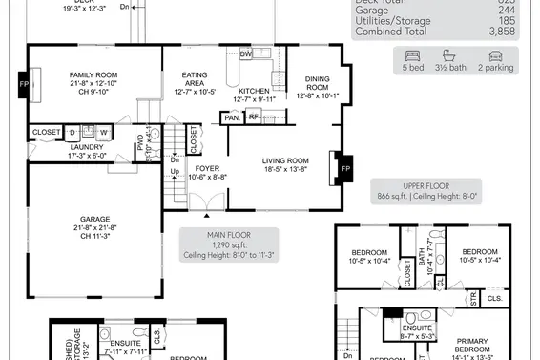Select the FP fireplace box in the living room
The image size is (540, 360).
(344, 168)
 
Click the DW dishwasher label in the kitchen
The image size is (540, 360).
(246, 54)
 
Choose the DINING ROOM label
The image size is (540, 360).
(317, 80)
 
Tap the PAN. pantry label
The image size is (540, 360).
(232, 118)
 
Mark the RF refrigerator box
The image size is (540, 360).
(255, 118)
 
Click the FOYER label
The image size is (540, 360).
(207, 167)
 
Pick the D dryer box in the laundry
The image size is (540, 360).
(72, 132)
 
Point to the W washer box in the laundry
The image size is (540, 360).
(103, 132)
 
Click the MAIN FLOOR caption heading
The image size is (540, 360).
(229, 234)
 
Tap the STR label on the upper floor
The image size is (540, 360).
(473, 299)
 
